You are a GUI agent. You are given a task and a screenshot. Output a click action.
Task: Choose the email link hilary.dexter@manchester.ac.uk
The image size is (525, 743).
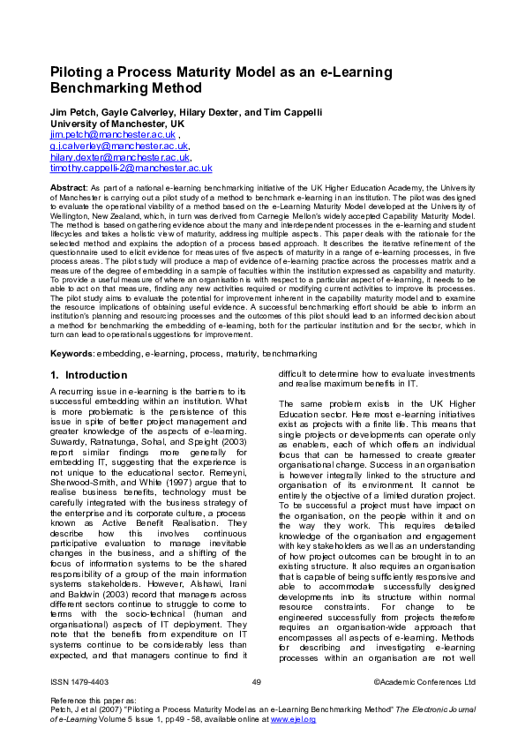(120, 156)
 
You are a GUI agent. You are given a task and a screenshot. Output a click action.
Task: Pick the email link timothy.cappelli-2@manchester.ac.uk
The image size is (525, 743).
(131, 168)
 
